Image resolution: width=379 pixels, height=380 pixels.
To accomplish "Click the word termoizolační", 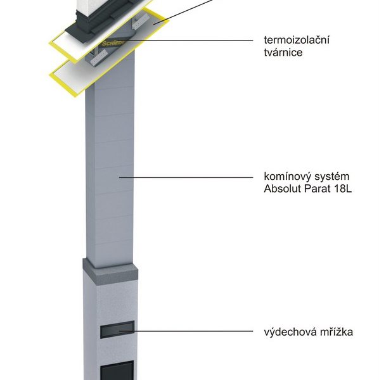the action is click(x=297, y=40).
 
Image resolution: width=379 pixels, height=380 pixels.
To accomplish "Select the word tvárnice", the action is click(x=283, y=53).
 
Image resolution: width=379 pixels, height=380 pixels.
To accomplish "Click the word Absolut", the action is click(x=282, y=189).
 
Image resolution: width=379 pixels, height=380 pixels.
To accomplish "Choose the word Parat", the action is click(x=317, y=189).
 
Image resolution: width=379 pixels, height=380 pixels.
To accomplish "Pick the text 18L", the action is click(x=343, y=189).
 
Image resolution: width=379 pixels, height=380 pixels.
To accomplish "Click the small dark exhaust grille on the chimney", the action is click(x=117, y=329).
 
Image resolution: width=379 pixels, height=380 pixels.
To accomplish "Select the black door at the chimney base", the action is click(x=117, y=370).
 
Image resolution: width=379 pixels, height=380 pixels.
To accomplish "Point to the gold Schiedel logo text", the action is click(x=113, y=43).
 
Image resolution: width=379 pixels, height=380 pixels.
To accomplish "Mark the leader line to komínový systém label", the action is click(x=186, y=177).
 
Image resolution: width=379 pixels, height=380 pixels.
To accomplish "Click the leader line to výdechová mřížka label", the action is click(x=186, y=331).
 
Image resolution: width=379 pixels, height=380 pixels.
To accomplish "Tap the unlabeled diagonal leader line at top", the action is click(x=183, y=11).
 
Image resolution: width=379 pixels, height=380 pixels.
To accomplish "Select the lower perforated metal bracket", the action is click(x=98, y=58).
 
